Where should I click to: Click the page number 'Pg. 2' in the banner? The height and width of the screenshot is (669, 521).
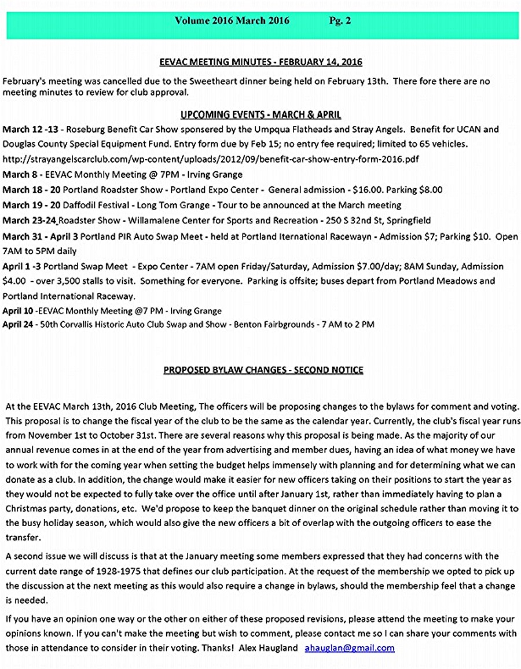tap(340, 21)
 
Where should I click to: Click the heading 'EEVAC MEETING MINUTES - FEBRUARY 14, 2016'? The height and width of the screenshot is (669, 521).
tap(260, 63)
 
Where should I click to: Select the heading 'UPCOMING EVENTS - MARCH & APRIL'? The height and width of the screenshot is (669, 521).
tap(260, 115)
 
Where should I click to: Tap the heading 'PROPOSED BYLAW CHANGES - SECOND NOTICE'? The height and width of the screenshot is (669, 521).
tap(263, 370)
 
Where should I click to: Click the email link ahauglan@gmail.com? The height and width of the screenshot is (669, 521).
tap(350, 648)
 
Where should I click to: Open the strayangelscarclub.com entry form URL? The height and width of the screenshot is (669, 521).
tap(211, 159)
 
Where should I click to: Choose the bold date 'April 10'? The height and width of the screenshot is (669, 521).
tap(17, 311)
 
